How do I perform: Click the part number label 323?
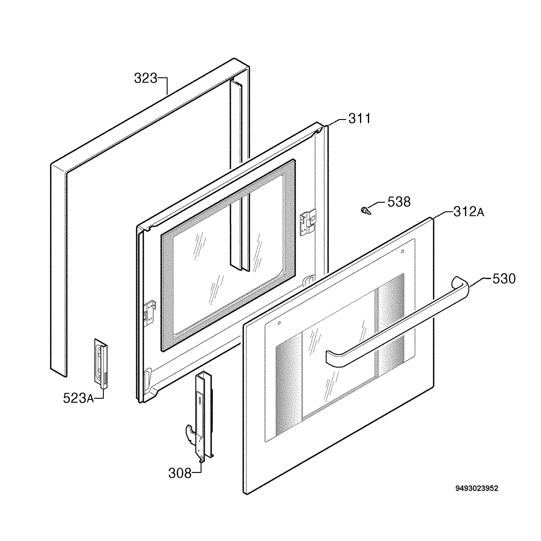pyautogui.click(x=146, y=78)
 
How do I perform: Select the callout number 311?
pyautogui.click(x=360, y=118)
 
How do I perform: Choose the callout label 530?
pyautogui.click(x=504, y=279)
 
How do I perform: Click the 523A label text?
pyautogui.click(x=78, y=398)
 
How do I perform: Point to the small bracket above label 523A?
pyautogui.click(x=101, y=364)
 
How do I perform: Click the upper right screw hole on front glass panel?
pyautogui.click(x=402, y=252)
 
